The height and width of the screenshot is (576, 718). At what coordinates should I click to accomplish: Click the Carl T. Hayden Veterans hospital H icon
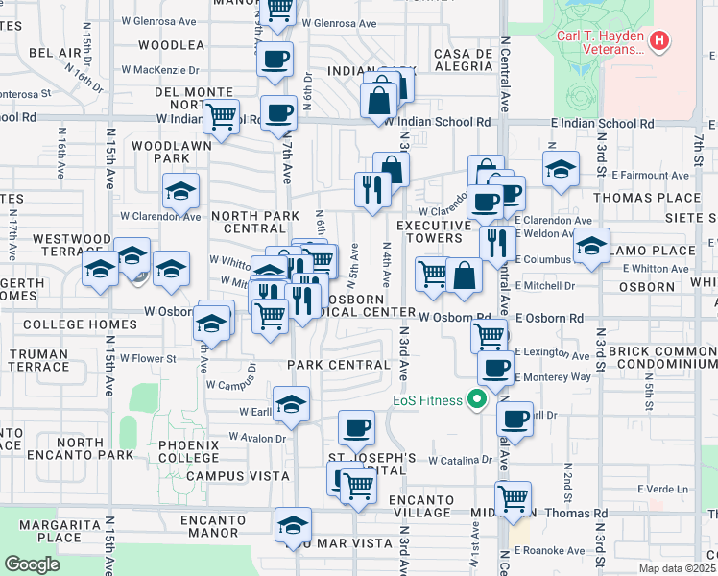tap(658, 41)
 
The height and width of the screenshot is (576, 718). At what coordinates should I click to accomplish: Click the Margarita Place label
tap(68, 531)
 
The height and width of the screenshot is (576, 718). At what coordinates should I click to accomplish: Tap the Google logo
tap(32, 564)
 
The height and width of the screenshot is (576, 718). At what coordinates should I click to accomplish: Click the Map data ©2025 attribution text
tap(675, 568)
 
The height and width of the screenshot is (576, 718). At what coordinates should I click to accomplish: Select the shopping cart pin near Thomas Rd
tap(514, 498)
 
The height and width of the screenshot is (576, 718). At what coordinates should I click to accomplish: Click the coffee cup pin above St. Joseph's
tap(356, 425)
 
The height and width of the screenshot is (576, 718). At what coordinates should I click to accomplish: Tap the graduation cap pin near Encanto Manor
tap(293, 524)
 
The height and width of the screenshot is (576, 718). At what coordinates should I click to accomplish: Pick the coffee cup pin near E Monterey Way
tap(495, 367)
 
